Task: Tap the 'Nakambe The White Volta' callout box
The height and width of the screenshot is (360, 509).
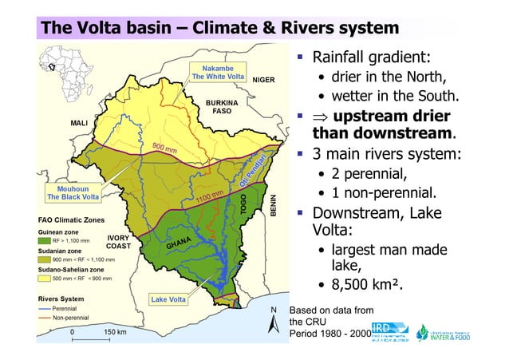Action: (x=217, y=73)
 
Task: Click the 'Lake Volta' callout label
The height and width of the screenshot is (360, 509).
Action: (x=168, y=300)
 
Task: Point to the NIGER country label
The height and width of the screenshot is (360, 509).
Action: (x=263, y=80)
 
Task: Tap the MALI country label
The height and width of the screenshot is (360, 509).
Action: (x=79, y=124)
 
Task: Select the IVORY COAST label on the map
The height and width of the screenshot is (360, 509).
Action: (x=118, y=242)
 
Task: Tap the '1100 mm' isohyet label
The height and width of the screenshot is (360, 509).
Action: (x=209, y=196)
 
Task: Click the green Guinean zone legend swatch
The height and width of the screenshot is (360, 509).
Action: (x=45, y=239)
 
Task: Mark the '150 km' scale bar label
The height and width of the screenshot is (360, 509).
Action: (x=116, y=331)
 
